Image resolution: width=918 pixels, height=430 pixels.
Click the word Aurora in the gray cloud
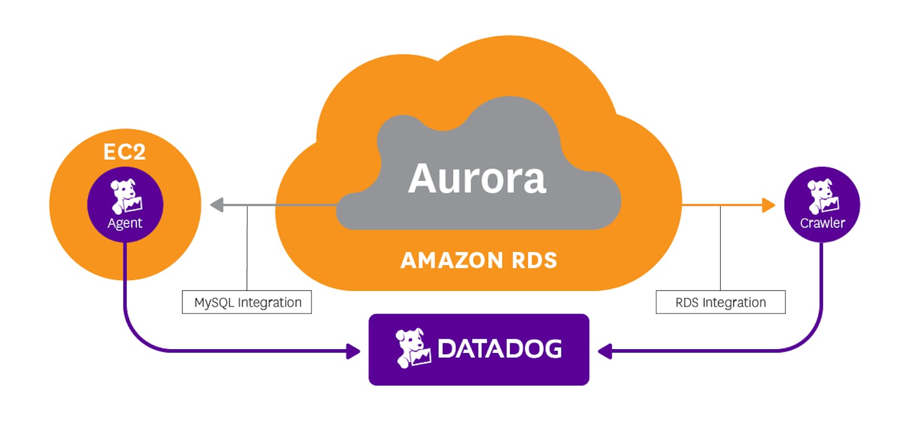[x=477, y=178]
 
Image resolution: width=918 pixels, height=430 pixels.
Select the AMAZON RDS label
[x=479, y=260]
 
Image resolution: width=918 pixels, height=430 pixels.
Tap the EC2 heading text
[x=125, y=152]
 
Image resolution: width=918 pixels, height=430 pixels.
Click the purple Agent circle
[x=125, y=205]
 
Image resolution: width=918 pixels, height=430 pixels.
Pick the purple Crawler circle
[x=822, y=205]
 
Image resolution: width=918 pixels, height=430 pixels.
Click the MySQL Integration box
[x=247, y=302]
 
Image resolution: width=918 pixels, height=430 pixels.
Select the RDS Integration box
[x=720, y=302]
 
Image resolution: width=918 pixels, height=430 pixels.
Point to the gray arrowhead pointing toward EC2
[x=217, y=205]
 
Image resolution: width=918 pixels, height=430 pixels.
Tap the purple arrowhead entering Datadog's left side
[x=353, y=351]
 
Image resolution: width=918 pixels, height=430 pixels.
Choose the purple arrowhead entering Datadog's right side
[x=605, y=351]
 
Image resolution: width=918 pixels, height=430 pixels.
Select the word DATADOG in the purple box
[x=499, y=349]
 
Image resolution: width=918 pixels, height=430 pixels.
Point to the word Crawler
[x=822, y=223]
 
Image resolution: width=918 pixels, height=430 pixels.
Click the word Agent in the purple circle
[x=125, y=223]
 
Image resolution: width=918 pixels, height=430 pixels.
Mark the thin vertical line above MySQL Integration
[x=247, y=249]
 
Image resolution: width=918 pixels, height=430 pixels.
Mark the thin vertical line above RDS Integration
[x=720, y=249]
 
